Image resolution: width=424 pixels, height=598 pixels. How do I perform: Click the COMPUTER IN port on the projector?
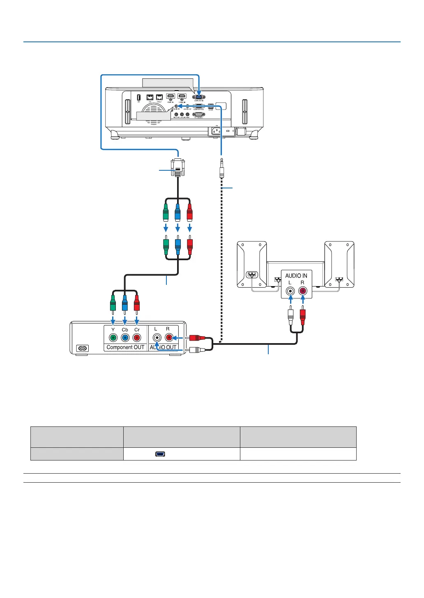[x=199, y=97]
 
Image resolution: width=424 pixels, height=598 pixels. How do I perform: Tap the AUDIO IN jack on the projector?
[x=176, y=106]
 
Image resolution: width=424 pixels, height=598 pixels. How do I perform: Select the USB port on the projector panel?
[x=138, y=97]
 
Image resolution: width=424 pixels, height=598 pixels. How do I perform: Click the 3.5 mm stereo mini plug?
[x=222, y=168]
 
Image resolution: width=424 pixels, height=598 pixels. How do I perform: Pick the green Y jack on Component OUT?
[x=113, y=338]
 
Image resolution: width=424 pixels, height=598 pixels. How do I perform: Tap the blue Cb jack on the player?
[x=125, y=338]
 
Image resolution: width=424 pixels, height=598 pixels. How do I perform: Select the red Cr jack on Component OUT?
[x=137, y=338]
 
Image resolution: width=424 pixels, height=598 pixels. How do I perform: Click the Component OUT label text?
[x=125, y=347]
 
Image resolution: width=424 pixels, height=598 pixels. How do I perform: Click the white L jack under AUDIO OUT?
[x=157, y=338]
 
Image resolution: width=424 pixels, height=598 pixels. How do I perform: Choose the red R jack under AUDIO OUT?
[x=168, y=338]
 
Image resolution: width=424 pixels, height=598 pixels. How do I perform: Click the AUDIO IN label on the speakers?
[x=296, y=275]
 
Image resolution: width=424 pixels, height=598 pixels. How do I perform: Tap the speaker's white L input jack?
[x=290, y=291]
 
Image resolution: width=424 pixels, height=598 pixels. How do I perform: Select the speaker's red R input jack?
[x=302, y=291]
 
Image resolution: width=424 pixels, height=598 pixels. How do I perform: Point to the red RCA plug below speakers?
[x=303, y=316]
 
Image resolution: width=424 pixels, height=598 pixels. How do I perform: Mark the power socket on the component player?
[x=83, y=348]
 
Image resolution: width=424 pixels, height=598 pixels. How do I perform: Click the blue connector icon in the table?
[x=160, y=454]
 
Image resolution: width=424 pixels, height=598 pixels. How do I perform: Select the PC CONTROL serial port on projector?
[x=198, y=115]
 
